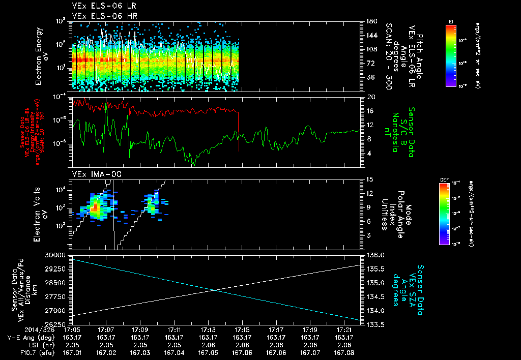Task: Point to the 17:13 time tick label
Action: pos(208,329)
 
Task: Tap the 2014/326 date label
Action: pos(21,329)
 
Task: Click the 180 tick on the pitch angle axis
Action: pos(371,21)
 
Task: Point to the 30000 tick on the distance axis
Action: pos(57,255)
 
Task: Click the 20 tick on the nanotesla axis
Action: pos(370,97)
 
